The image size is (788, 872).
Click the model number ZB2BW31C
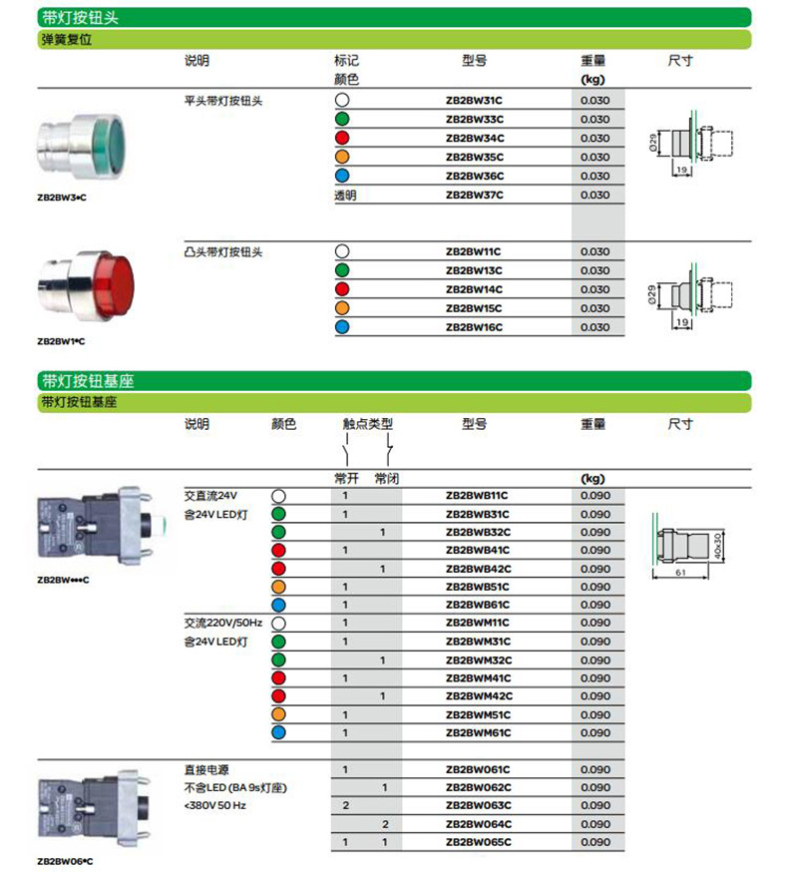(x=474, y=101)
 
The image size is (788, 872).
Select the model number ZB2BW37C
(x=474, y=196)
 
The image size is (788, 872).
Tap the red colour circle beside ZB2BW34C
(x=342, y=139)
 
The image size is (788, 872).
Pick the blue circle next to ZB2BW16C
(x=342, y=327)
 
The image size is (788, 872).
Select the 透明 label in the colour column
(x=345, y=196)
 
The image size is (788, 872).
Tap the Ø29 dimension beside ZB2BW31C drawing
(x=651, y=144)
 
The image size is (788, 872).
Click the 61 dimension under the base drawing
(x=678, y=574)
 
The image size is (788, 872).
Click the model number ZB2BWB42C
(x=477, y=569)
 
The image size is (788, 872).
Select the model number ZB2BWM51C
(x=477, y=714)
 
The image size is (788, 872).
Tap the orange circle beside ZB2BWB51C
(x=278, y=587)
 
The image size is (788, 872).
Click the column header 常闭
(x=387, y=479)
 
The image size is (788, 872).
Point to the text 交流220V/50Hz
(x=222, y=623)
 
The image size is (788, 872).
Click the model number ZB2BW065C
(x=477, y=842)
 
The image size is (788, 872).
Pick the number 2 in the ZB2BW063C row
(x=345, y=805)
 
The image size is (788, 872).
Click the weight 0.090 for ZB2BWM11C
(x=595, y=624)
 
